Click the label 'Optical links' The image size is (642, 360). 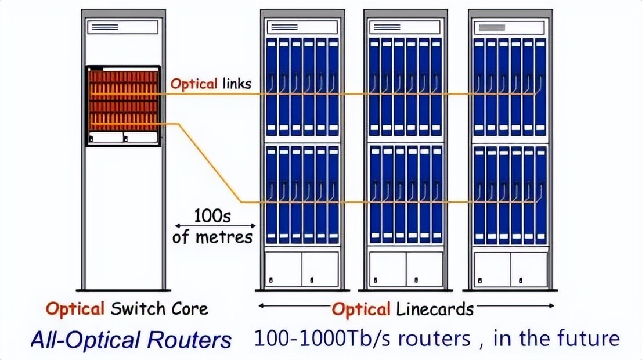[x=211, y=84]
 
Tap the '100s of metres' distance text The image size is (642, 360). [x=213, y=226]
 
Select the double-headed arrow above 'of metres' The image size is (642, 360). [x=215, y=226]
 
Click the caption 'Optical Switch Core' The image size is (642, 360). [x=127, y=308]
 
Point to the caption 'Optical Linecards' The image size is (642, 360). [x=402, y=309]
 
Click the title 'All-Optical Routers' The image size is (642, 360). [x=131, y=340]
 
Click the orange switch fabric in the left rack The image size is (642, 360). [x=122, y=100]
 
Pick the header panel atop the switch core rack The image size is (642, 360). [x=122, y=27]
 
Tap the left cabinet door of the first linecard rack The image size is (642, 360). [x=283, y=269]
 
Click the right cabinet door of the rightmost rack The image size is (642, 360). [x=529, y=269]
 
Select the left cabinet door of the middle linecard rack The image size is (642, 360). [x=387, y=269]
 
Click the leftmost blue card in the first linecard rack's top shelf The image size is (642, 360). [x=271, y=87]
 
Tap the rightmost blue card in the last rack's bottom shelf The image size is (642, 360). [x=541, y=195]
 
